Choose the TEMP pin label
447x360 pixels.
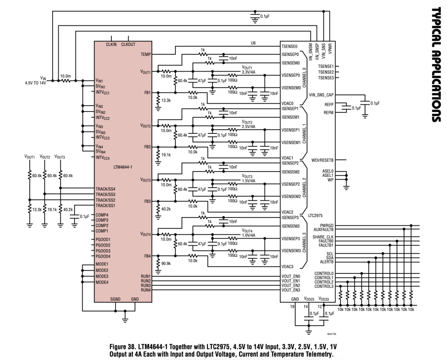[146, 54]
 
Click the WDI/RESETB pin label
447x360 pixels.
[323, 159]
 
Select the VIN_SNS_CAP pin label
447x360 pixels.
[321, 95]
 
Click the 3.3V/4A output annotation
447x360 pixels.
[248, 72]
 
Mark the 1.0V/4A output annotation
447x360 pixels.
[248, 234]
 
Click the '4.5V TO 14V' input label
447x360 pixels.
[35, 82]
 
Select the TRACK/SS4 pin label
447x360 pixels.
[106, 189]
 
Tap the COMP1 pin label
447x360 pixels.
[102, 231]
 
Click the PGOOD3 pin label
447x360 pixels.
[103, 251]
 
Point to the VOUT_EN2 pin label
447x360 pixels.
[290, 285]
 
